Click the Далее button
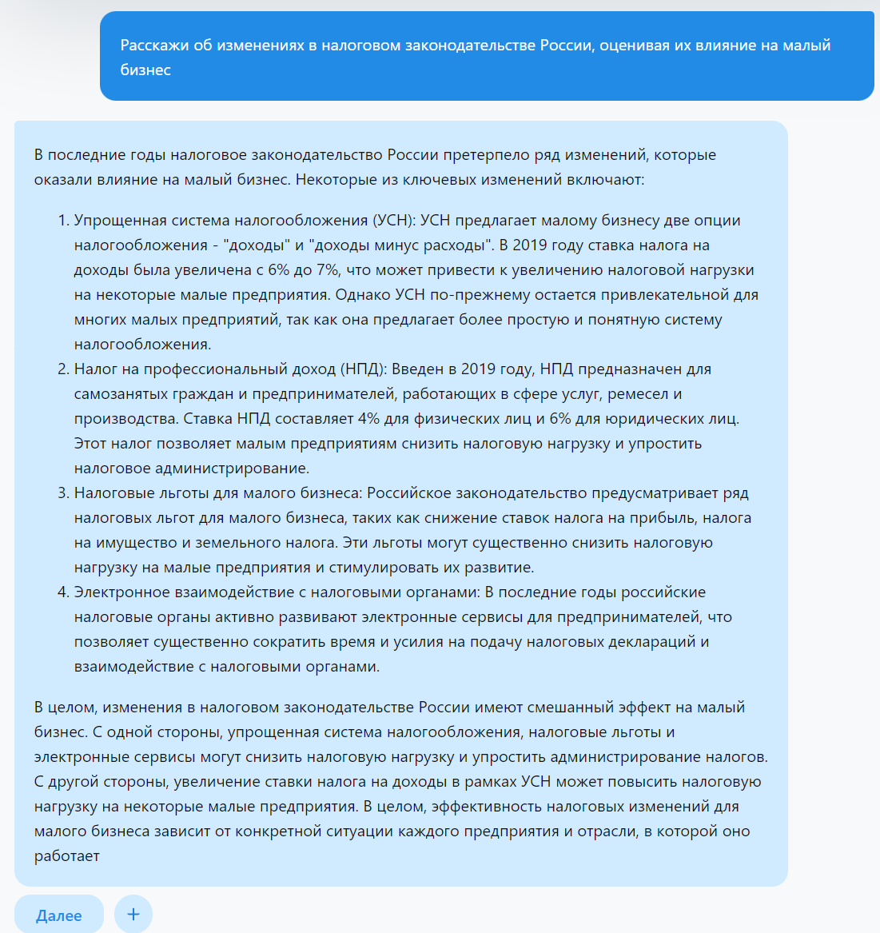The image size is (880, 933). pyautogui.click(x=59, y=915)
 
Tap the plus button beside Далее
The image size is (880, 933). pyautogui.click(x=133, y=914)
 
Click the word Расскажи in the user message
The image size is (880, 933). pyautogui.click(x=154, y=46)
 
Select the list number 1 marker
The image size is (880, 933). pyautogui.click(x=63, y=221)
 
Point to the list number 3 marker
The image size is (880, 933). pyautogui.click(x=63, y=493)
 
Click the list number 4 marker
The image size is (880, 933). pyautogui.click(x=63, y=592)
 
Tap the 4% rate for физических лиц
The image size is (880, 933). pyautogui.click(x=368, y=419)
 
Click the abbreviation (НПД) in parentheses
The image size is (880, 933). pyautogui.click(x=364, y=369)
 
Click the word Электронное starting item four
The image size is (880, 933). pyautogui.click(x=124, y=592)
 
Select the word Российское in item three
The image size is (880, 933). pyautogui.click(x=409, y=493)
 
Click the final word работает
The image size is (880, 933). pyautogui.click(x=67, y=856)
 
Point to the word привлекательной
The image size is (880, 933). pyautogui.click(x=650, y=295)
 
